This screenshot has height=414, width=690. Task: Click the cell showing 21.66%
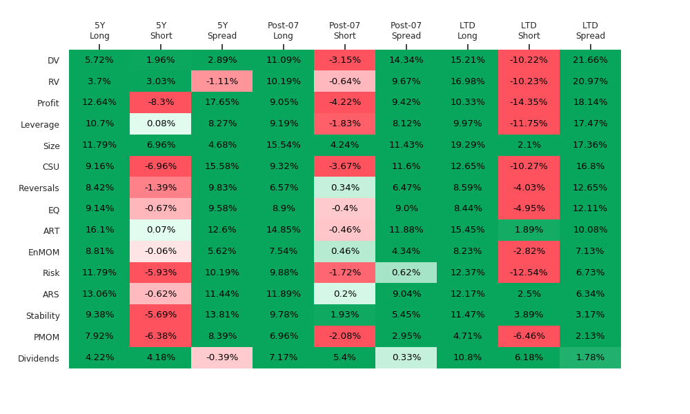click(x=590, y=60)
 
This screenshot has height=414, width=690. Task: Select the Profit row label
click(x=48, y=103)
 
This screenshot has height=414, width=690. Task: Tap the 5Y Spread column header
click(x=222, y=31)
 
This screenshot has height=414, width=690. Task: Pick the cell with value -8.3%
click(x=161, y=103)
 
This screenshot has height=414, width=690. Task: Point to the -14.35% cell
click(x=529, y=103)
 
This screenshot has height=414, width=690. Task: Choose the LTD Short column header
click(x=529, y=31)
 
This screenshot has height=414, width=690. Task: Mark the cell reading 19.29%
click(x=467, y=145)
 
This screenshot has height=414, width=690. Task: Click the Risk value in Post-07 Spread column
click(x=406, y=273)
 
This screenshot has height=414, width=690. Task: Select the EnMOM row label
click(x=43, y=253)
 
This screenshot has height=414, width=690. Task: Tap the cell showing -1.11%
click(x=222, y=81)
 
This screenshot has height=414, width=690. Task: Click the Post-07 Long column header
click(x=284, y=31)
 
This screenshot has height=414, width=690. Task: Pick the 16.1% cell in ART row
click(x=99, y=230)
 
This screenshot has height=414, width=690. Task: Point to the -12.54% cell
click(x=529, y=273)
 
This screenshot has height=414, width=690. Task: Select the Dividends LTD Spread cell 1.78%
click(x=590, y=357)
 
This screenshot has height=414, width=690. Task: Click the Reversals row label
click(x=39, y=188)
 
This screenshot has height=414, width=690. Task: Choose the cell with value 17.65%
click(x=222, y=103)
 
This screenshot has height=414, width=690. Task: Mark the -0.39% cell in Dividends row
click(x=222, y=357)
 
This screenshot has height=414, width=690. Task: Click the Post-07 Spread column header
click(x=406, y=31)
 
